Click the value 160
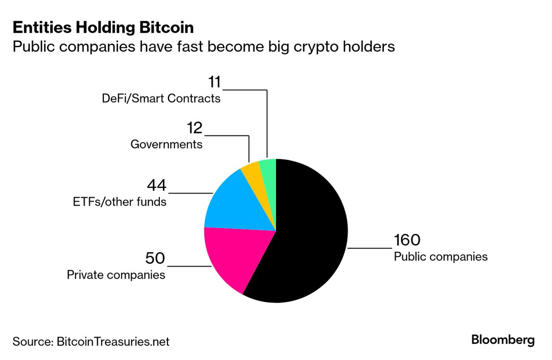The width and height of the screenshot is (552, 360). click(407, 240)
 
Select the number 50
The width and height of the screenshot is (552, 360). click(155, 259)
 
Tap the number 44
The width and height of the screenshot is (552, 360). click(157, 185)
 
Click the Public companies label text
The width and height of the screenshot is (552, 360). click(440, 257)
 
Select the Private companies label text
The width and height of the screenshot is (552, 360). click(116, 275)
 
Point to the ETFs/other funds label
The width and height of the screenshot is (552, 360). click(119, 202)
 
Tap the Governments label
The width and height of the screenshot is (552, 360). click(166, 145)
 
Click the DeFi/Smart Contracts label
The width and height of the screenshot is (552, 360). click(161, 99)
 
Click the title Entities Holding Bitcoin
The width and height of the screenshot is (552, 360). click(103, 28)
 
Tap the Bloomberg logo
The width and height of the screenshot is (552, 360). click(503, 340)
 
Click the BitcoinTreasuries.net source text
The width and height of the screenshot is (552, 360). click(113, 342)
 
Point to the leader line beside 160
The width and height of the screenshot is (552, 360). click(370, 247)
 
